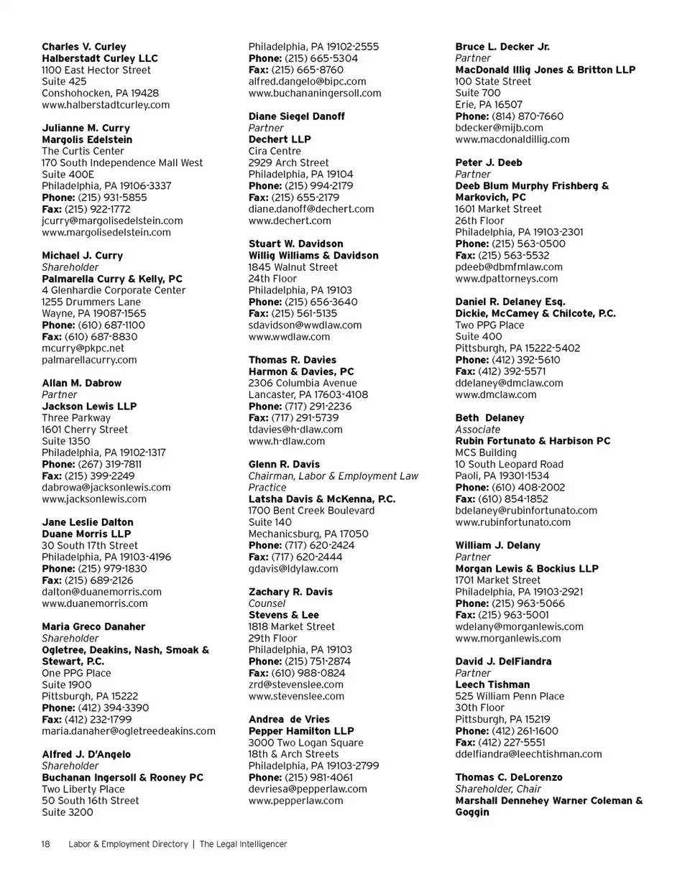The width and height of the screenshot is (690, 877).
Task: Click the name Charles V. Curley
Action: point(84,47)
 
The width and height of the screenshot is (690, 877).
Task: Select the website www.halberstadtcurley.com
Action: point(106,105)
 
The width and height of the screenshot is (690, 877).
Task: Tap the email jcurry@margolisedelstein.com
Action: point(112,221)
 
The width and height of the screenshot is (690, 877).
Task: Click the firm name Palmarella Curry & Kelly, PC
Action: point(112,279)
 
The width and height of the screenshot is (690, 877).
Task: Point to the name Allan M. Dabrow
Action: point(82,383)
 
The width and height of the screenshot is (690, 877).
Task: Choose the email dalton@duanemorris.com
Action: point(101,591)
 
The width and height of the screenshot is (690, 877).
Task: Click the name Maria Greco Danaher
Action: point(93,626)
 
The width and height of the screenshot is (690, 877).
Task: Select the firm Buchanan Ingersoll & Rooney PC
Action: point(123,777)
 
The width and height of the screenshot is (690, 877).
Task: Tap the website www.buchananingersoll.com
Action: point(315,93)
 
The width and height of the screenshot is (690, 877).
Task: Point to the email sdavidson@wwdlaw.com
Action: point(305,325)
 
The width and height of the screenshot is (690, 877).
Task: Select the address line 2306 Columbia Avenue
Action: point(303,383)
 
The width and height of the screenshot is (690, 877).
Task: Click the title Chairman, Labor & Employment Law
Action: point(333,475)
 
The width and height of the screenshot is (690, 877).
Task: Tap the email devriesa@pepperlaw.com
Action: point(308,789)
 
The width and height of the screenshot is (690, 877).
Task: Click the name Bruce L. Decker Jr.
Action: point(502,47)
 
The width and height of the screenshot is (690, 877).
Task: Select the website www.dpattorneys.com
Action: point(506,279)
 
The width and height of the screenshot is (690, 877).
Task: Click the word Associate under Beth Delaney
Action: point(479,430)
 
